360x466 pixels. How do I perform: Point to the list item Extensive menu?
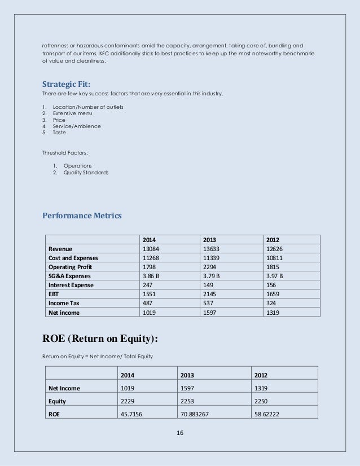click(72, 113)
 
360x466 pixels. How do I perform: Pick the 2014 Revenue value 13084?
click(151, 248)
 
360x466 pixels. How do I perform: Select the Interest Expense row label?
click(71, 284)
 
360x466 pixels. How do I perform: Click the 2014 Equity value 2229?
click(128, 401)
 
